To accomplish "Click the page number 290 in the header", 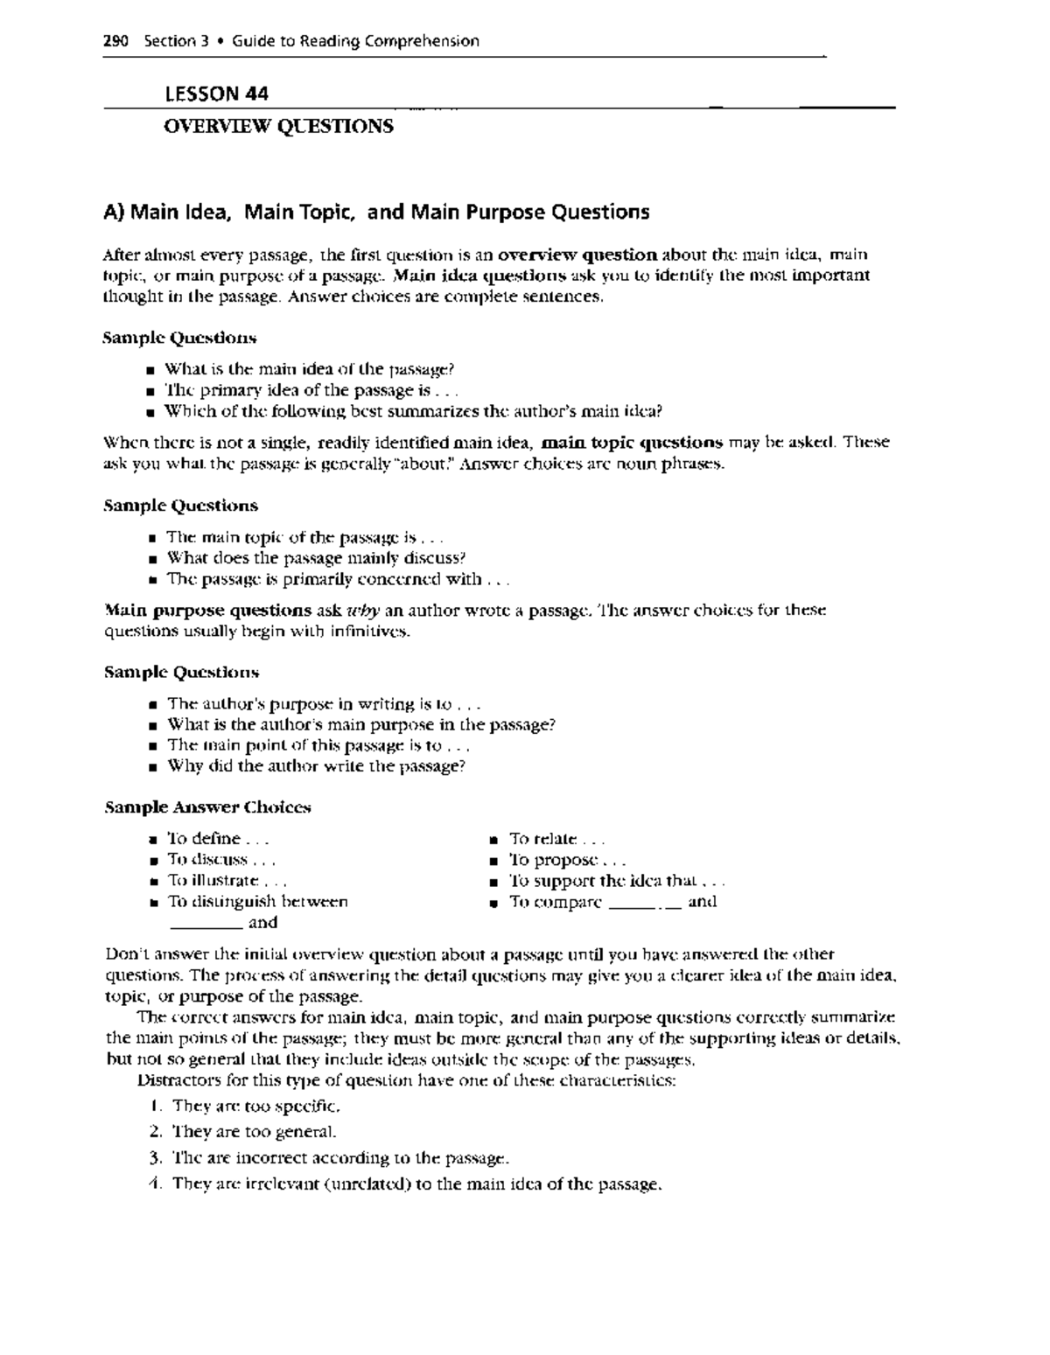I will click(115, 41).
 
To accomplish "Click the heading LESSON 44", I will click(216, 94).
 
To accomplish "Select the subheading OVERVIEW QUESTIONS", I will click(278, 127).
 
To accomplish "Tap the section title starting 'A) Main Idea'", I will click(376, 212).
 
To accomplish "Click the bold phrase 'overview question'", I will click(577, 255).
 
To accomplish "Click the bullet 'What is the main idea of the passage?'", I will click(310, 369).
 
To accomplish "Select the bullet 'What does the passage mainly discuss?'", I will click(316, 558).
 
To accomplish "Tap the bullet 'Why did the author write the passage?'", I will click(315, 766).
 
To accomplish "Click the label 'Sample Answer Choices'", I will click(207, 807).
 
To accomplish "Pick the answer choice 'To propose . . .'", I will click(567, 861).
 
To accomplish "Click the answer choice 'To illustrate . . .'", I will click(226, 881).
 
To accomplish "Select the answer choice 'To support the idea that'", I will click(617, 882).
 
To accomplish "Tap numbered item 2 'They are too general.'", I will click(253, 1132).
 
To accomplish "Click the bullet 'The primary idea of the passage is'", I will click(311, 390).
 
